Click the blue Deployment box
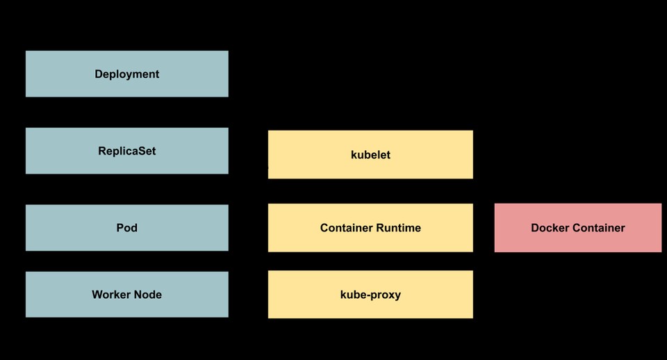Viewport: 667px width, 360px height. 126,74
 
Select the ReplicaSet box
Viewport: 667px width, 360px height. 126,151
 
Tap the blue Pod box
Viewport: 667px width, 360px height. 126,227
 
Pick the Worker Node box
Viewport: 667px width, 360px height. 126,295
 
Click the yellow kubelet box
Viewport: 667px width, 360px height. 370,154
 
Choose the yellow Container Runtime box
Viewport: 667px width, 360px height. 370,228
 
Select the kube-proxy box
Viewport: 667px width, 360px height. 370,295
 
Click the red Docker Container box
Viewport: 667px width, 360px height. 577,228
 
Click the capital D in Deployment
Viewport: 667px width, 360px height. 99,74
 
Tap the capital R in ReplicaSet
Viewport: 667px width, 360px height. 102,151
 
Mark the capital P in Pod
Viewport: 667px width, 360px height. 120,227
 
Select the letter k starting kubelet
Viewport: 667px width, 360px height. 354,154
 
